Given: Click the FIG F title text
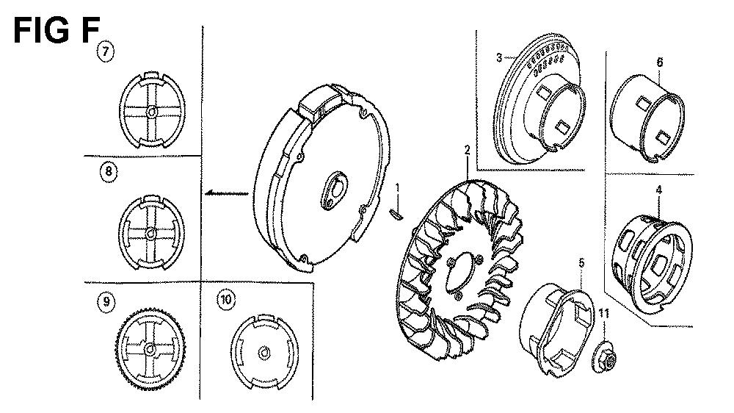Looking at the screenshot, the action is (57, 30).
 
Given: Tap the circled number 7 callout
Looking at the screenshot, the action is (105, 51).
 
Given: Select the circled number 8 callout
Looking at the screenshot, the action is (109, 171).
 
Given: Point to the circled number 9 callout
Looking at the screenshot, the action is (106, 301).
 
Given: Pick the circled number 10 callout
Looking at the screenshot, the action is (226, 299).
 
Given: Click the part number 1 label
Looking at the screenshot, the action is (397, 188).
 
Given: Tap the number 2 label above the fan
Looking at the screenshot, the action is (467, 150).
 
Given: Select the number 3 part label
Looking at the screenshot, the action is (499, 57).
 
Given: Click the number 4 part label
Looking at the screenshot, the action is (659, 190).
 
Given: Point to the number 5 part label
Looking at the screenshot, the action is (581, 262).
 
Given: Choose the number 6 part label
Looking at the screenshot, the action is (660, 62).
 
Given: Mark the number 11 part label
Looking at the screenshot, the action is (604, 313).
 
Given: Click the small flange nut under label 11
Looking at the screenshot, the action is (604, 359).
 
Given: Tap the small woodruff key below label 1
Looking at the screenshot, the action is (396, 214).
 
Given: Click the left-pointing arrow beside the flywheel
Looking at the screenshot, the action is (226, 193).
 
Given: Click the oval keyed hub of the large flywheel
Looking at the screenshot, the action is (333, 190).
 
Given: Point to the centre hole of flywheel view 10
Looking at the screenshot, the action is (264, 353).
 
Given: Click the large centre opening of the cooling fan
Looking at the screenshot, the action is (461, 273).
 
